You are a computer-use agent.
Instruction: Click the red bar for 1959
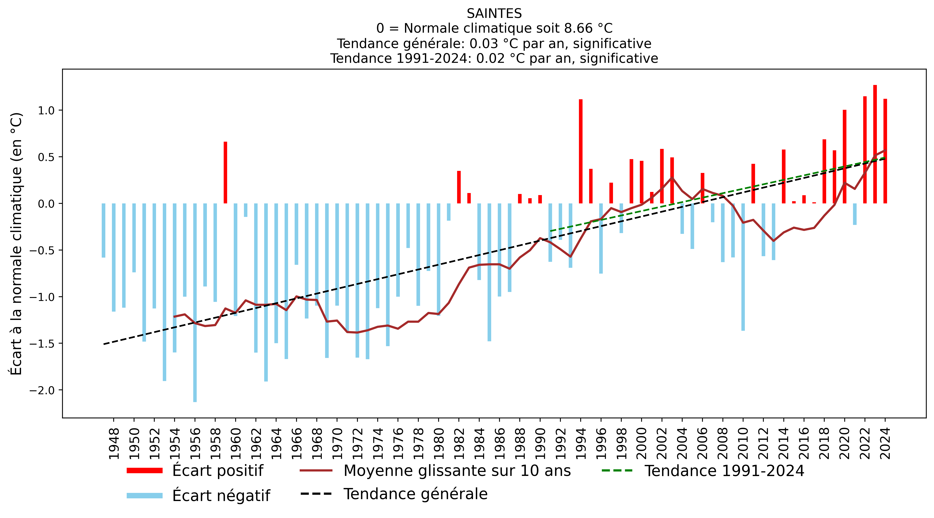pyautogui.click(x=225, y=173)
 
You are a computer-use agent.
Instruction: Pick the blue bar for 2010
pyautogui.click(x=743, y=267)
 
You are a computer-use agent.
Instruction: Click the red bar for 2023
pyautogui.click(x=875, y=144)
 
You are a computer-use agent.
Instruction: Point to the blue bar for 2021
pyautogui.click(x=855, y=214)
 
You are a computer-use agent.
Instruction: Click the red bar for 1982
pyautogui.click(x=459, y=187)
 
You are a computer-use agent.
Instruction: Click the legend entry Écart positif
pyautogui.click(x=218, y=470)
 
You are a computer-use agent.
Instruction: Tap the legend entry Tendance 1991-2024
pyautogui.click(x=724, y=470)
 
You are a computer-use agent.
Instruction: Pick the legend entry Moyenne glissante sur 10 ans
pyautogui.click(x=457, y=470)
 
